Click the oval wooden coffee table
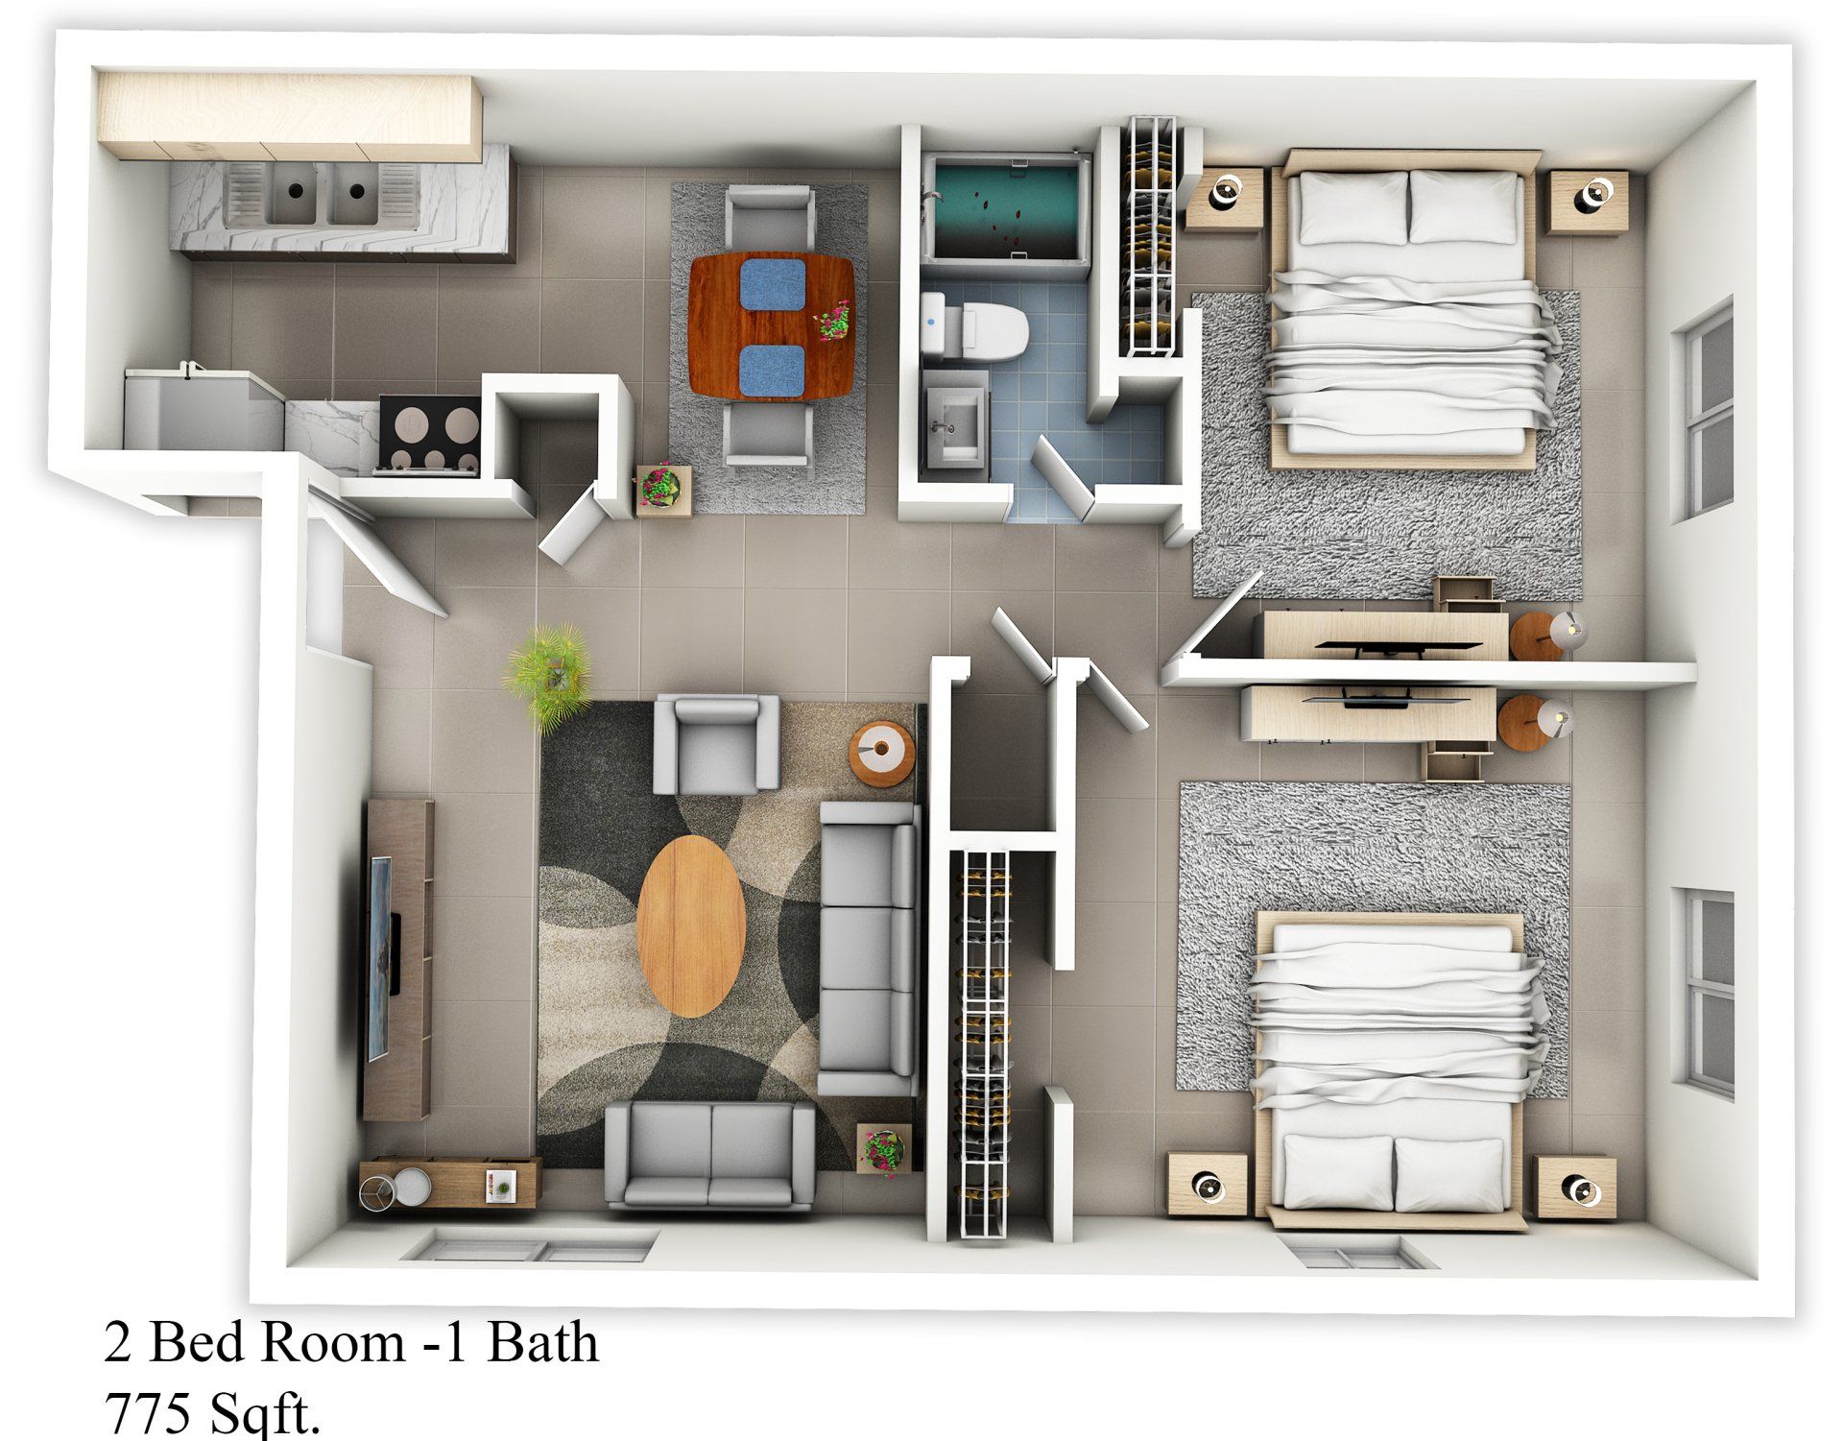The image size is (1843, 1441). [691, 925]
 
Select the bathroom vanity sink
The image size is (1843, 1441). [953, 420]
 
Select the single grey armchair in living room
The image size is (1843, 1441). [715, 744]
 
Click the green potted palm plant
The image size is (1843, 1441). [547, 672]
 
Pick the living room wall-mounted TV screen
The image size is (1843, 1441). [381, 955]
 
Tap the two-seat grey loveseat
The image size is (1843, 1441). [710, 1152]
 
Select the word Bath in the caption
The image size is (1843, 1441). [541, 1343]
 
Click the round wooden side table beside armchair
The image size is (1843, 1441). [880, 752]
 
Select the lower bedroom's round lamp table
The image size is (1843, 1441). [1534, 722]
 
